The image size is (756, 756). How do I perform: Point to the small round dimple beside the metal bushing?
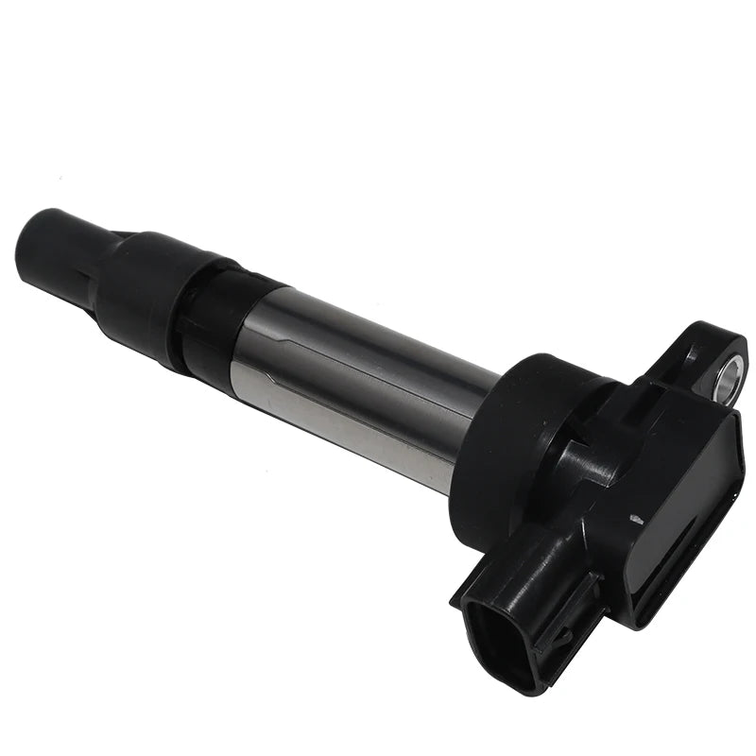689,353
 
